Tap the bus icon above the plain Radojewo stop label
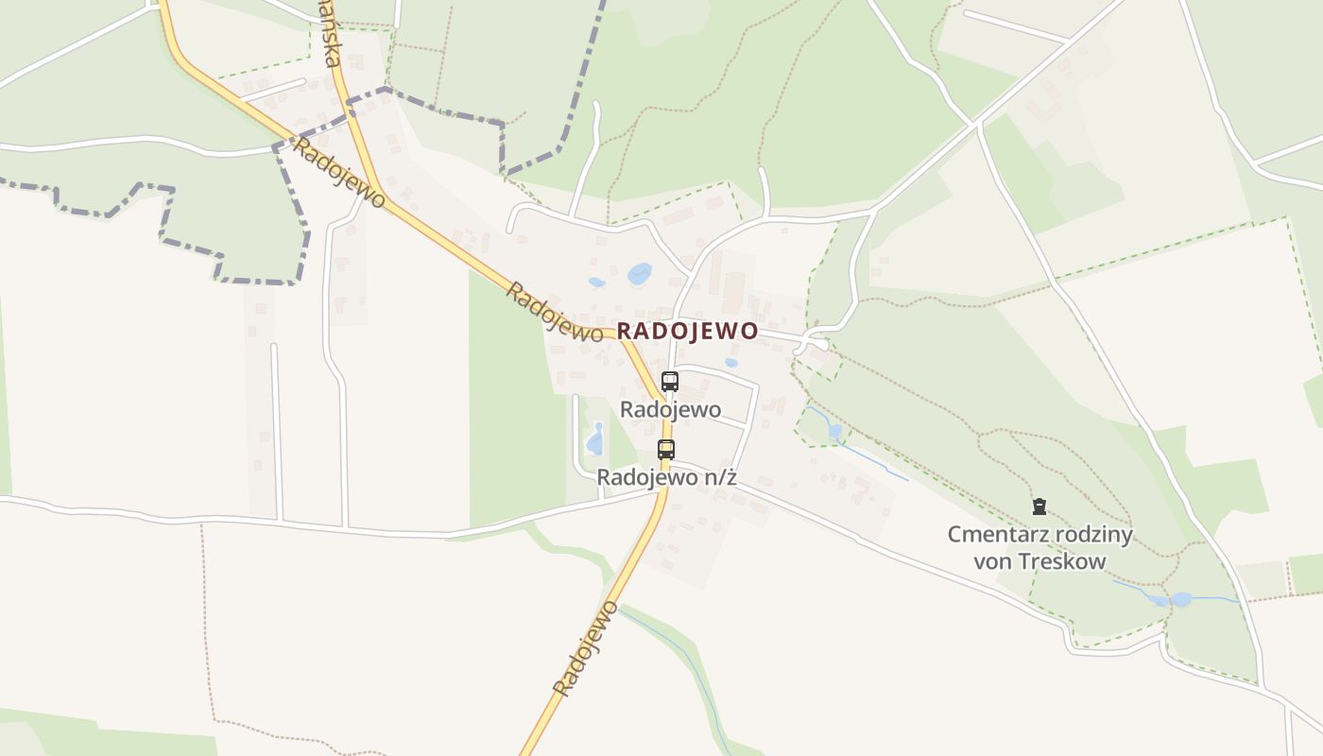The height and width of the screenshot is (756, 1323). pos(670,382)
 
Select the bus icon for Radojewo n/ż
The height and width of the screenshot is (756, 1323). pos(666,450)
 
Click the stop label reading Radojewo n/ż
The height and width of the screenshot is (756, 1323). pos(666,478)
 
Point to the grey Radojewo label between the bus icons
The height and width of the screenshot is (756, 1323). pos(670,410)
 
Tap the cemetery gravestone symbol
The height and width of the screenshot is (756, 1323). pos(1039,507)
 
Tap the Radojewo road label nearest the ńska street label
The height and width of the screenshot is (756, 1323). pos(339,174)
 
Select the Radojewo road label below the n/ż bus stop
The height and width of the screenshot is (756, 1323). pos(586,648)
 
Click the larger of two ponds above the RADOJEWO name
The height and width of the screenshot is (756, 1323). pos(640,274)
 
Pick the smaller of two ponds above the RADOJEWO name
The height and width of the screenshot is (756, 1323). pos(596,282)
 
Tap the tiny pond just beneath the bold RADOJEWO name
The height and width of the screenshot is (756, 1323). pos(730,362)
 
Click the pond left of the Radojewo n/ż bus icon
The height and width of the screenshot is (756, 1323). pos(595,438)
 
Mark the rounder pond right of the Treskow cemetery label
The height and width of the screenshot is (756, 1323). pos(1180,599)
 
